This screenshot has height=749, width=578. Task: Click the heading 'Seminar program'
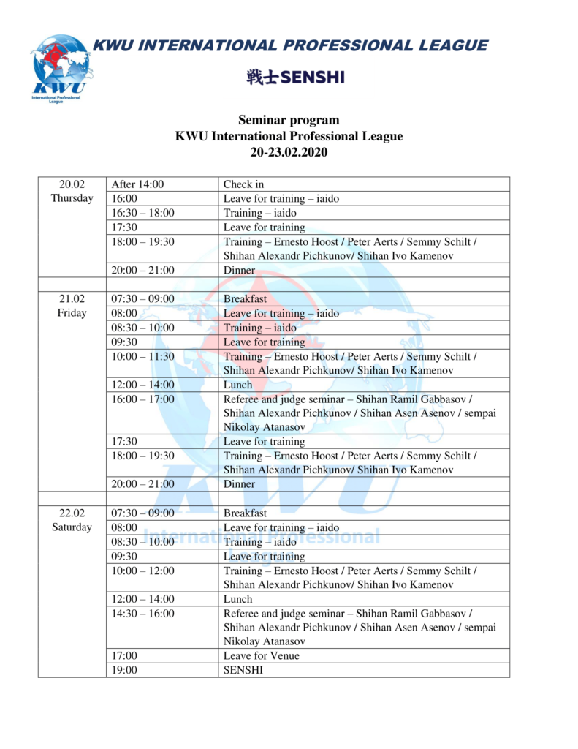289,120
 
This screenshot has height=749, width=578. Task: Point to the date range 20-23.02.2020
289,152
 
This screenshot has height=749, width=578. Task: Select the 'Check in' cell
238,184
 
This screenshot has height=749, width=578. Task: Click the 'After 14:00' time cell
137,184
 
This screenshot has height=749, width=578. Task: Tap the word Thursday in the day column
72,199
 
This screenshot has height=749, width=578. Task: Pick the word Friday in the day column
72,313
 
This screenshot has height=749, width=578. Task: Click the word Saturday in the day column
72,527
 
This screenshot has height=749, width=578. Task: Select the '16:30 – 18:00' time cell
143,213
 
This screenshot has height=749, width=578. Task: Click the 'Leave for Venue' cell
261,656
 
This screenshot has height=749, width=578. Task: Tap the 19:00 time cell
124,670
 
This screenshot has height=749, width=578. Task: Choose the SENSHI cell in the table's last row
243,670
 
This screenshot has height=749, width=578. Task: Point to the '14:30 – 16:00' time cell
143,614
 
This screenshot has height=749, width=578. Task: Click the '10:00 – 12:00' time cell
143,571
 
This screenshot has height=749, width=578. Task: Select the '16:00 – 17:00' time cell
143,399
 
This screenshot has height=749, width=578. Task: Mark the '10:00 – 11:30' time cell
143,356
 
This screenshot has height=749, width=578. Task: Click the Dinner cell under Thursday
239,271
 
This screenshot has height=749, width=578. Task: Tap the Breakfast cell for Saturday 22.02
245,513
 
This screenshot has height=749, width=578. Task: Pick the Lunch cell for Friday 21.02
237,385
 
